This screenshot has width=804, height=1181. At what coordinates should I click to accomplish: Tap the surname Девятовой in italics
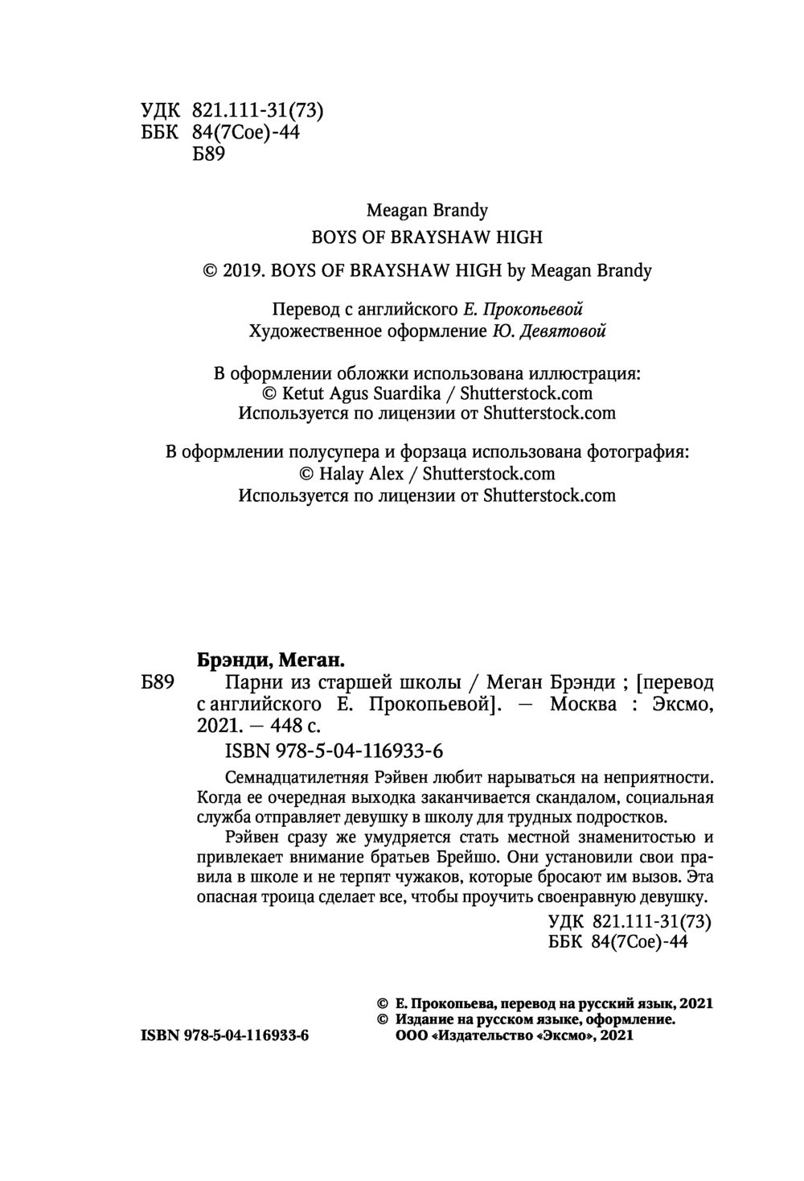click(568, 331)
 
